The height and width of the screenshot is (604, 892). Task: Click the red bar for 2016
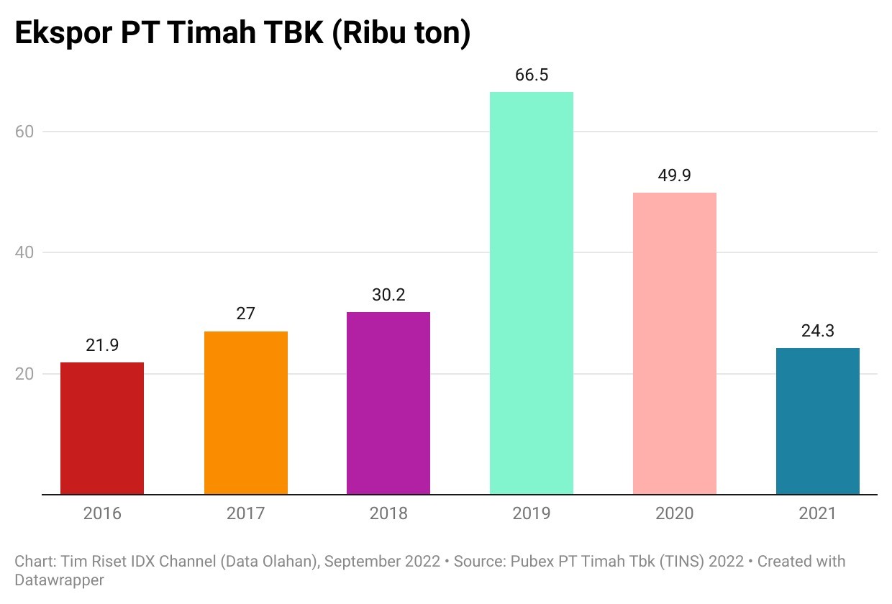[x=102, y=428]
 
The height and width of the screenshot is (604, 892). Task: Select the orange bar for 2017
[x=246, y=413]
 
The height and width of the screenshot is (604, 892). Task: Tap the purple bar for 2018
[x=388, y=403]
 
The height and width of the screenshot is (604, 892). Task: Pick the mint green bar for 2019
[x=532, y=293]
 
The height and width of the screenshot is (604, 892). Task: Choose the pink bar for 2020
[x=675, y=343]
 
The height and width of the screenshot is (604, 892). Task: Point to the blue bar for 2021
[x=818, y=421]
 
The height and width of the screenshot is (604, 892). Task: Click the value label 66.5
[x=532, y=75]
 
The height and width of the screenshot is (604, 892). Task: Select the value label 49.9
[x=675, y=176]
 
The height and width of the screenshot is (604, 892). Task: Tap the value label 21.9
[x=102, y=346]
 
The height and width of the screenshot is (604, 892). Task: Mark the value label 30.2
[x=388, y=296]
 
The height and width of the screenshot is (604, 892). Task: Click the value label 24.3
[x=818, y=332]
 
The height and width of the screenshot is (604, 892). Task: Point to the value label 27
[x=246, y=314]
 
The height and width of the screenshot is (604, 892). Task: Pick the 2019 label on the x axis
[x=532, y=513]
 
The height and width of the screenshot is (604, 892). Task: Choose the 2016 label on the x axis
[x=102, y=513]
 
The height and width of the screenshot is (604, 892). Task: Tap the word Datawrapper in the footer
[x=59, y=580]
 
